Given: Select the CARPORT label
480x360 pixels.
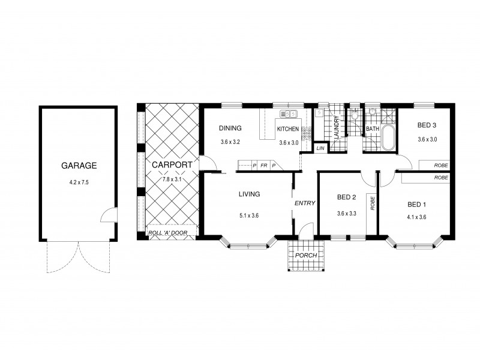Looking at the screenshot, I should [x=171, y=164].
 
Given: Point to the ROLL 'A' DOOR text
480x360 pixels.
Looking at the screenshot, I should [x=171, y=233].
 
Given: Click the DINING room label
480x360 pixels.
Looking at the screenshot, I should [x=230, y=128].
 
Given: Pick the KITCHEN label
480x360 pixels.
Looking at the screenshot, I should [x=287, y=129].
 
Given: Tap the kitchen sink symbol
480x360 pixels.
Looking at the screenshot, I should [x=289, y=113].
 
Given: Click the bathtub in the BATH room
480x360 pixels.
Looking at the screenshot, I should [x=387, y=139].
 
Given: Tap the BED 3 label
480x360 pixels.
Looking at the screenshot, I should [x=427, y=125].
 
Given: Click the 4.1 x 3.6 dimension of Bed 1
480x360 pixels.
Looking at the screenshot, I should [x=416, y=217].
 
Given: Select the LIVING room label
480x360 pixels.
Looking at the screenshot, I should [x=249, y=194].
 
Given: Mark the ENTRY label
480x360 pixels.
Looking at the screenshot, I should [x=305, y=203].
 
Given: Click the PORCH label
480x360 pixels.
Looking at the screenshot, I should [x=306, y=255].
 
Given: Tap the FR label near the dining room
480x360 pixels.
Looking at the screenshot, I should [x=263, y=165].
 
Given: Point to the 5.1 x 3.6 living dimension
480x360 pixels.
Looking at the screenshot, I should [x=248, y=215].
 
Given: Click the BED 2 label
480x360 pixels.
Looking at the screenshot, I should [x=347, y=197].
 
